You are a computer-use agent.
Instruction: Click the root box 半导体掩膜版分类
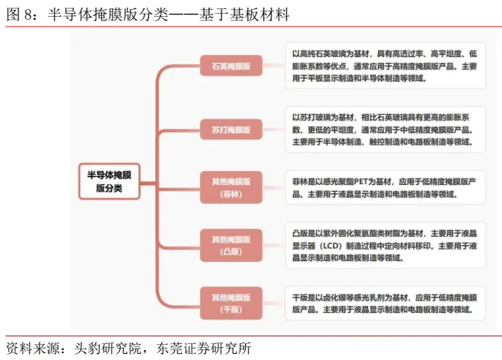pos(110,181)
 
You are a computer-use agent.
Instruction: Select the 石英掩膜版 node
pos(231,65)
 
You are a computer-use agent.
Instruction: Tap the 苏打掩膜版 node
pos(231,129)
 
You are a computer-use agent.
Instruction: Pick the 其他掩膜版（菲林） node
pos(231,187)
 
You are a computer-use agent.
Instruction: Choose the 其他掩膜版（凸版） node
pos(231,245)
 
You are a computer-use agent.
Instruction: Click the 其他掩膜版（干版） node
pos(231,303)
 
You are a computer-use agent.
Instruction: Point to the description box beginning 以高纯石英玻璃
pos(385,65)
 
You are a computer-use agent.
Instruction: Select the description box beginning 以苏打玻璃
pos(385,129)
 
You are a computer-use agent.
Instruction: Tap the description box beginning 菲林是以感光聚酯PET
pos(385,187)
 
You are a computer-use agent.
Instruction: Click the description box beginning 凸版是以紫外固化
pos(385,245)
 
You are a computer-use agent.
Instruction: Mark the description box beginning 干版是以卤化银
pos(385,304)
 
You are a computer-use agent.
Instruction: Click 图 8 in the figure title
pos(19,14)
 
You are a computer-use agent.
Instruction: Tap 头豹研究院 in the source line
pos(107,349)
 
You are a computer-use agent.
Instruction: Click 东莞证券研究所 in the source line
pos(204,349)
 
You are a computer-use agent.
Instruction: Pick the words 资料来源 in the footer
pos(33,349)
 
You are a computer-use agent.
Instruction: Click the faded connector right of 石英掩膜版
pos(274,65)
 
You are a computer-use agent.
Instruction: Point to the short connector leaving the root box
pos(148,183)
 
